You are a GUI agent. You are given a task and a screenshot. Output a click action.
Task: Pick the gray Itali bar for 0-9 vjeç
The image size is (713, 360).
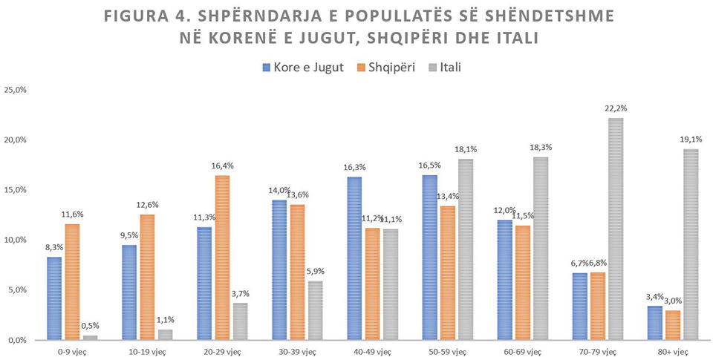(x=91, y=338)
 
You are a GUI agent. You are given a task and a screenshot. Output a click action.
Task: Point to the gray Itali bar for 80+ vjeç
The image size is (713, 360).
(x=690, y=244)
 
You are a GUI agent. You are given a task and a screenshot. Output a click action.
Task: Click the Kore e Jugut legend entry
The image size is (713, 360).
(x=307, y=67)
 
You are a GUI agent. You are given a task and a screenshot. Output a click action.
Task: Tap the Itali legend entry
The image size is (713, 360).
(x=450, y=67)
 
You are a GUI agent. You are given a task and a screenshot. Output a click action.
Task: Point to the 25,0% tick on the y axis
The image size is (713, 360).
(x=16, y=90)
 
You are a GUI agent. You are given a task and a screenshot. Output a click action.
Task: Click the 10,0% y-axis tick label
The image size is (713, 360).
(x=16, y=240)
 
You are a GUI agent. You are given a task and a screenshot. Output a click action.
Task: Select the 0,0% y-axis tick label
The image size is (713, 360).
(x=17, y=340)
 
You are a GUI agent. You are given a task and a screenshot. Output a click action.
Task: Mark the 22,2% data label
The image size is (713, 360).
(x=616, y=108)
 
